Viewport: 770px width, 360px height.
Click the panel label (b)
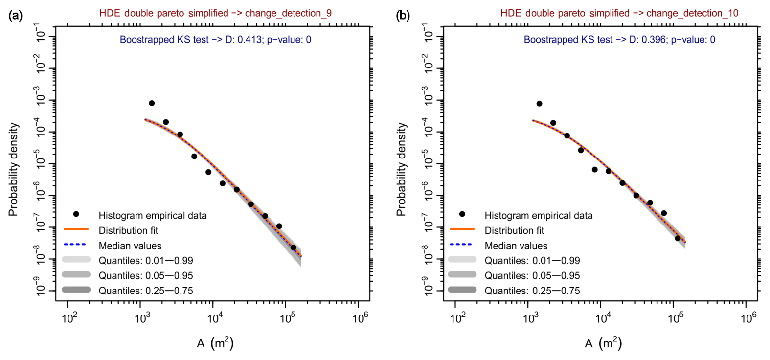click(x=403, y=15)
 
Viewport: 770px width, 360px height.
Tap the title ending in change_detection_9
click(x=215, y=13)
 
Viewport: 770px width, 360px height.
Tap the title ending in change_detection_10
click(x=619, y=13)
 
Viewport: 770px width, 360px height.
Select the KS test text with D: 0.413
click(x=215, y=40)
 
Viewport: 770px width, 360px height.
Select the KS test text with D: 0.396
click(x=619, y=40)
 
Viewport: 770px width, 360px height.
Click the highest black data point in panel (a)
click(x=152, y=103)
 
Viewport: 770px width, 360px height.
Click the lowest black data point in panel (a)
click(x=293, y=247)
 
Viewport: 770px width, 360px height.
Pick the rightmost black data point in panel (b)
click(x=678, y=238)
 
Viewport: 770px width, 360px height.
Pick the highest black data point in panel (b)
click(x=539, y=104)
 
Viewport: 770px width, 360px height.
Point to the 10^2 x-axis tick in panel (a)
click(x=69, y=301)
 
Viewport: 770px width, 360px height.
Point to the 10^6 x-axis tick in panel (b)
click(x=746, y=301)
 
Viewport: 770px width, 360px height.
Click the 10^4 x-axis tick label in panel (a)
click(x=215, y=318)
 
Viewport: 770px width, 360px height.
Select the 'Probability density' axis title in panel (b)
click(x=402, y=169)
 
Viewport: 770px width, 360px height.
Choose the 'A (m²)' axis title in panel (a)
click(x=215, y=343)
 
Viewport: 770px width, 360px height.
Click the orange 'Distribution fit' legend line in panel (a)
click(x=76, y=229)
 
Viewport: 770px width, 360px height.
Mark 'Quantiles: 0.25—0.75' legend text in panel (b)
click(x=532, y=291)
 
